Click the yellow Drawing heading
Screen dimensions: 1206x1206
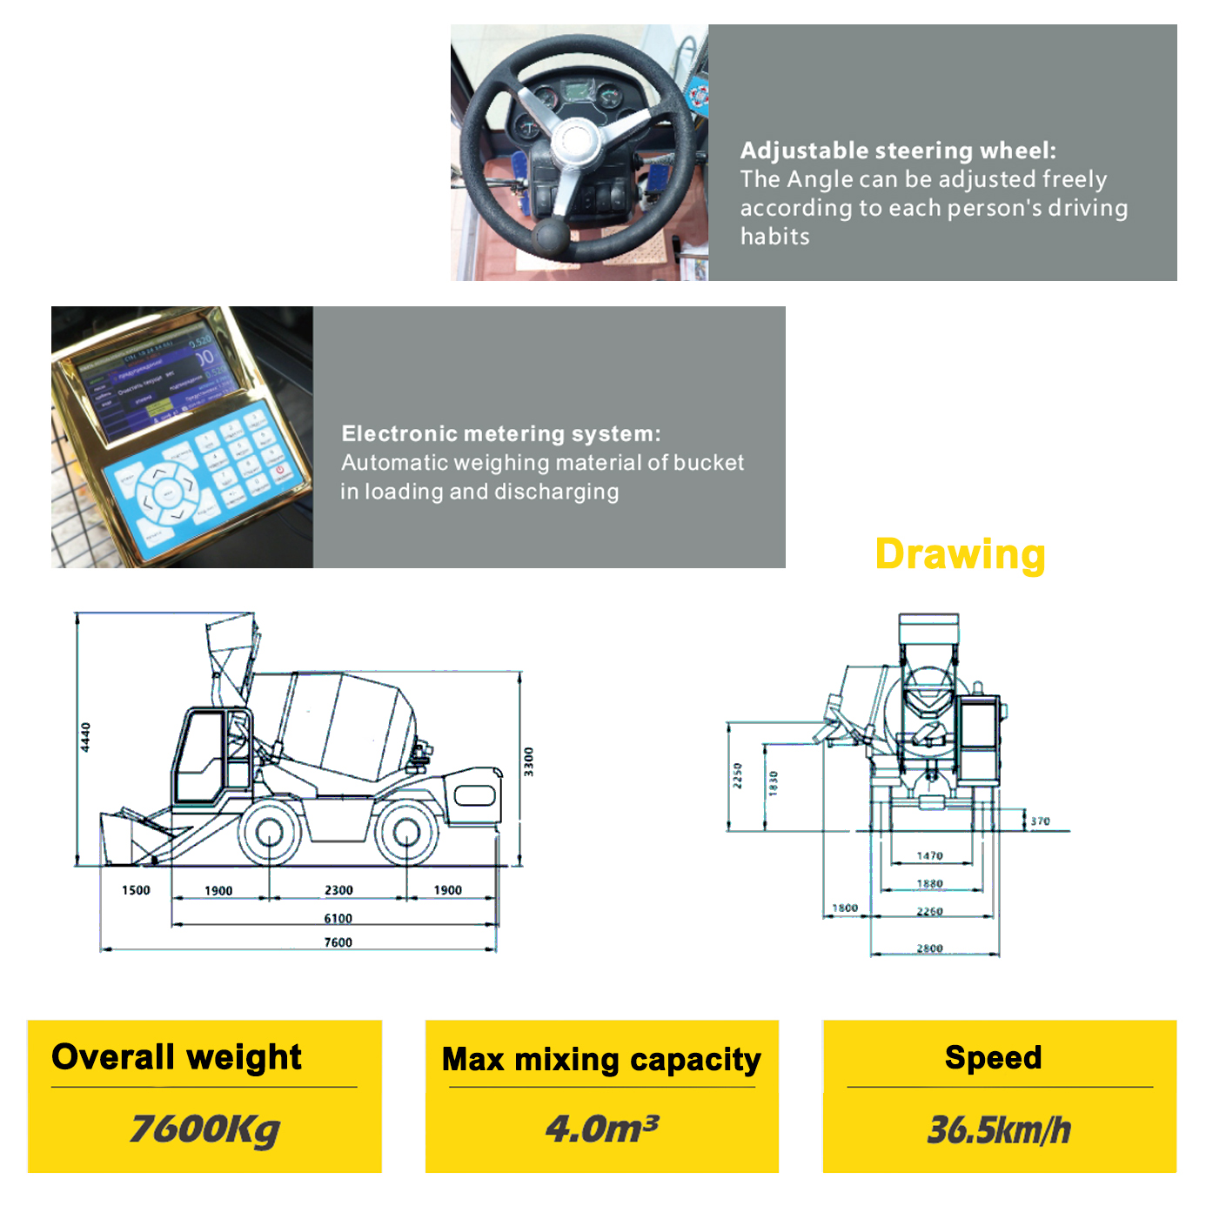(x=960, y=554)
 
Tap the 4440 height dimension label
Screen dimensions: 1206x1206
(x=85, y=737)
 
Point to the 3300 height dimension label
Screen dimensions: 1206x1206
(x=528, y=761)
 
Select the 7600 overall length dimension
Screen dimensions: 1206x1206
(x=338, y=942)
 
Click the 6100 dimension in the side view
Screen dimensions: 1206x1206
(x=338, y=919)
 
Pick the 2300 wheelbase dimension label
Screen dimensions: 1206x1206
(x=338, y=890)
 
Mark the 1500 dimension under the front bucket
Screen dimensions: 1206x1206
(x=136, y=890)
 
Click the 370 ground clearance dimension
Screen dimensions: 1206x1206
(x=1040, y=821)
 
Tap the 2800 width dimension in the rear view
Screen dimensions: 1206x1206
(x=929, y=948)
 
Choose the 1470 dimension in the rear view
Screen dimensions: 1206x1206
(x=929, y=856)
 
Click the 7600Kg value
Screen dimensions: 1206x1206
(x=204, y=1129)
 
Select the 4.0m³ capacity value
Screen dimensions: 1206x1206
(x=601, y=1129)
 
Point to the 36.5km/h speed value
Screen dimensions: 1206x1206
(x=999, y=1129)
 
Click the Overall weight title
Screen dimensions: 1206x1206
(x=177, y=1057)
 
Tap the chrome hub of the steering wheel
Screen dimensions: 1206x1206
(x=574, y=140)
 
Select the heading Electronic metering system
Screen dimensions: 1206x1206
(x=500, y=433)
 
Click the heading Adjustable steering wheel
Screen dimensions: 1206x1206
(x=897, y=151)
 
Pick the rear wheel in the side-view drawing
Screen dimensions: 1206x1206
(x=406, y=833)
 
